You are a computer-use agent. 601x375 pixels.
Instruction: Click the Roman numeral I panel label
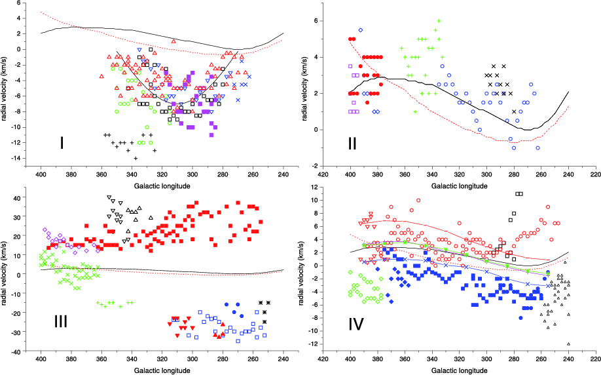coord(62,142)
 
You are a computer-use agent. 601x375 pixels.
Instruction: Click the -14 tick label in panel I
coord(18,159)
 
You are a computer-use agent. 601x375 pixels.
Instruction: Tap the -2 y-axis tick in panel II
coord(314,166)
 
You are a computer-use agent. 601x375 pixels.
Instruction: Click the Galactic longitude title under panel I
coord(162,186)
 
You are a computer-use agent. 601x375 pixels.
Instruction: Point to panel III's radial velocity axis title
coord(6,273)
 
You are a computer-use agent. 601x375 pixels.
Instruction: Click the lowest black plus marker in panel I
coord(136,158)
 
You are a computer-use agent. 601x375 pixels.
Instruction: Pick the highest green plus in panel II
coord(439,21)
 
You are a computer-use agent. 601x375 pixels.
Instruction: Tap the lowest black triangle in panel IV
coord(568,344)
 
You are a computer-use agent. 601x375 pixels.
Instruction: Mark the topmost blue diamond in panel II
coord(360,30)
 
